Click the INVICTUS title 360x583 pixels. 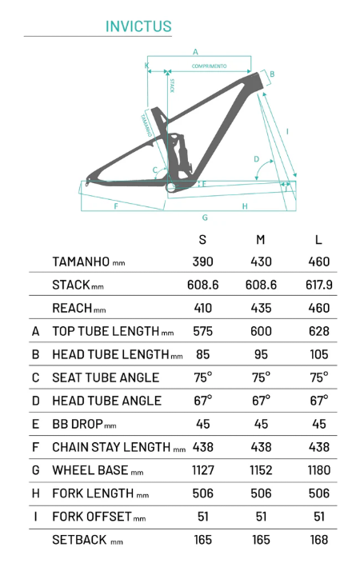tap(138, 26)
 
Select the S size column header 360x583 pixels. tap(202, 240)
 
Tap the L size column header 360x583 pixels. tap(318, 240)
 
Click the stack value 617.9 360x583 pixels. tap(319, 285)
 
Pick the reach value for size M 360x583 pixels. tap(261, 308)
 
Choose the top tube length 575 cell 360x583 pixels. tap(202, 331)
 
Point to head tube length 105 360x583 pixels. tap(319, 354)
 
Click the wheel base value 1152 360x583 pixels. tap(261, 470)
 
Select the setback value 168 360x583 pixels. tap(319, 540)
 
